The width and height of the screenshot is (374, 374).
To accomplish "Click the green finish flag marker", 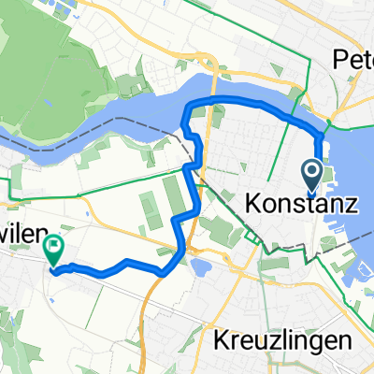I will pyautogui.click(x=53, y=249).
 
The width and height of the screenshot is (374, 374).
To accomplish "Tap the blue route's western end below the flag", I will pyautogui.click(x=52, y=272).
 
